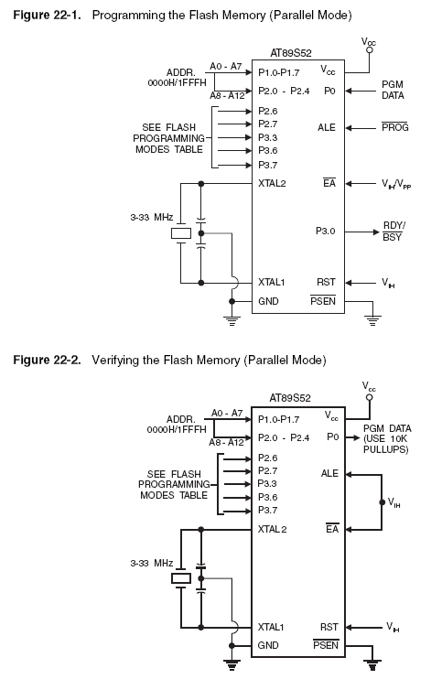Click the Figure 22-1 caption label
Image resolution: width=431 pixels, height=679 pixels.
47,16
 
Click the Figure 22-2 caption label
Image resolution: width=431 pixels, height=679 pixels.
47,360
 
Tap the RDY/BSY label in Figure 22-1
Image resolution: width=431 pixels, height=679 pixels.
393,232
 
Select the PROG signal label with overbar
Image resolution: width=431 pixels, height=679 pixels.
395,127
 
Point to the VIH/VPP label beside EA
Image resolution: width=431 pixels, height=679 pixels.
396,184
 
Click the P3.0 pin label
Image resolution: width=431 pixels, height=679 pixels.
325,231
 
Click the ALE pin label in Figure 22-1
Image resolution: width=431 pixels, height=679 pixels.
326,127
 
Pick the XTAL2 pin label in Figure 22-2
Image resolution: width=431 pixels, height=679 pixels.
272,529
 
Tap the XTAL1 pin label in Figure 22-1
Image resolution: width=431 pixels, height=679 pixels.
271,283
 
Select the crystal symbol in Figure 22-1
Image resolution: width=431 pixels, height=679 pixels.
180,233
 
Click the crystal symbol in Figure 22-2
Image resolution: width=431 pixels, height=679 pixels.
181,578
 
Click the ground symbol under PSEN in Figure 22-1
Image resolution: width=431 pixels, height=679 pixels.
373,321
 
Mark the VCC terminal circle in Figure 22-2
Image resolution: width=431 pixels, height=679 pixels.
369,397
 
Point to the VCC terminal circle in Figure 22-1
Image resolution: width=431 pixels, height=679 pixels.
369,50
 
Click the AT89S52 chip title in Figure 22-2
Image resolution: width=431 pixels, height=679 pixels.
290,398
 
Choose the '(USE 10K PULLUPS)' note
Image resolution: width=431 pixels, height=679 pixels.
386,444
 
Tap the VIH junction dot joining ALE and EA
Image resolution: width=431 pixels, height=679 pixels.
383,502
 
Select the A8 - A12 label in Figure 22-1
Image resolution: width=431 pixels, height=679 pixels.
228,96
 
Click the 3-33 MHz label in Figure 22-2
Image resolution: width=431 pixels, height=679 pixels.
152,563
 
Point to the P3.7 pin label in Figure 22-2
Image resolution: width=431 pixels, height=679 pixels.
268,510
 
